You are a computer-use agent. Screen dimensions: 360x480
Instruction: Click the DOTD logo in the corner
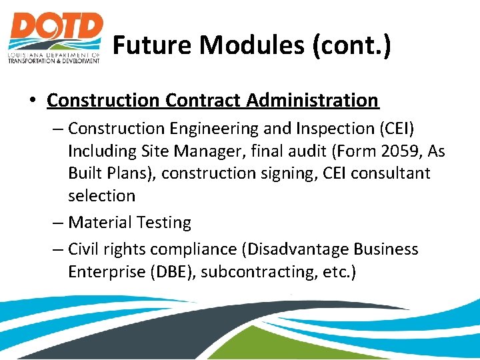coord(55,37)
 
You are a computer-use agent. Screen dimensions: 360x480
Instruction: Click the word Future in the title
coord(153,46)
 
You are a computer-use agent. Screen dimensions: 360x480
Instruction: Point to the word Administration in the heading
coord(314,101)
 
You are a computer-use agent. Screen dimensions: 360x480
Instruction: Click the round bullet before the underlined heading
coord(32,101)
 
